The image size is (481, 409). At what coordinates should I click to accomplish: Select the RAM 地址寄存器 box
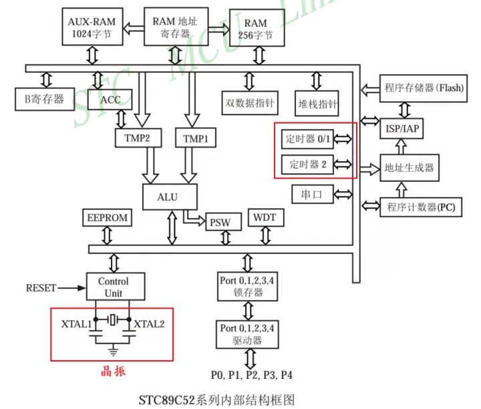coord(176,26)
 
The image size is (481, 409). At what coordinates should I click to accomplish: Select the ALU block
coord(170,196)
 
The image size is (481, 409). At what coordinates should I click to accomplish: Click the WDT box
coord(265,218)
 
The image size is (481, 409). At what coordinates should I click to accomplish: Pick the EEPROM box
coord(107,219)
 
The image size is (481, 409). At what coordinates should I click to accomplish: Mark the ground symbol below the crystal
coord(114,348)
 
